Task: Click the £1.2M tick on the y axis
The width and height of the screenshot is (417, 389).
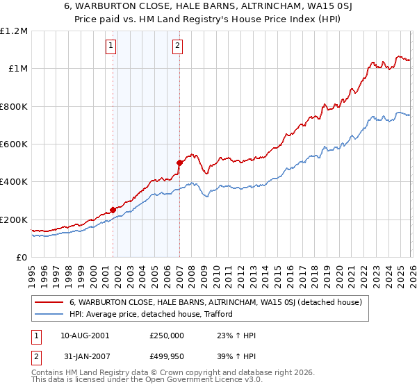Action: coord(15,31)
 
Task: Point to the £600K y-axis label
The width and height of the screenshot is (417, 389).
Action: coord(15,144)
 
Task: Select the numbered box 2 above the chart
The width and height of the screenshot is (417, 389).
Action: coord(178,47)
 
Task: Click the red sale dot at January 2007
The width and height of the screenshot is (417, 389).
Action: coord(179,163)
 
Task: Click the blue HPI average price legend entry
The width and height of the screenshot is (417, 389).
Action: coord(152,315)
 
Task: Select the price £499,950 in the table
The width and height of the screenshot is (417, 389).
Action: coord(167,357)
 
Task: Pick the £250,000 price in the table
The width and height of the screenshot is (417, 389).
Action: coord(167,335)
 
